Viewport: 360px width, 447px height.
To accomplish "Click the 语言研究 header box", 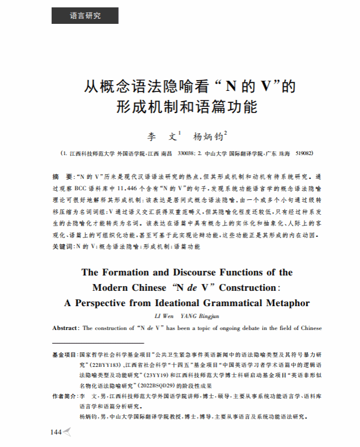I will (x=85, y=16).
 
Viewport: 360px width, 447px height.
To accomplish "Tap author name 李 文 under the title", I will (x=162, y=137).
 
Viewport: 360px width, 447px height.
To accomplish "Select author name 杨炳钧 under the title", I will (x=208, y=137).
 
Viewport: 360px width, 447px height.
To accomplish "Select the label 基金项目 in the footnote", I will (x=64, y=354).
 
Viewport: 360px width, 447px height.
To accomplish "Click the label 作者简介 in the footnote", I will (x=64, y=396).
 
